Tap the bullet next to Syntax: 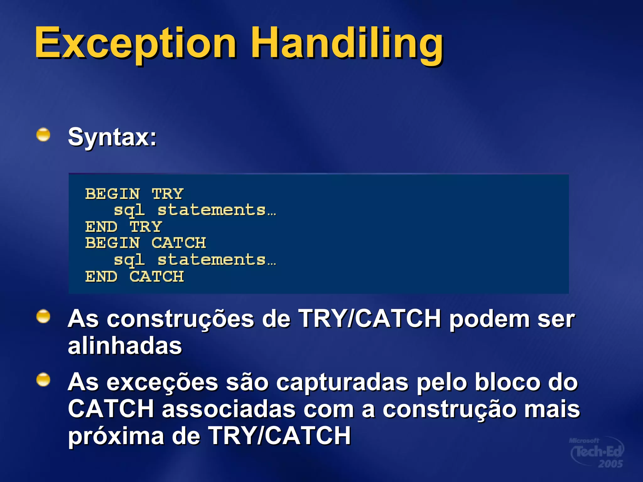[43, 135]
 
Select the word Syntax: [112, 137]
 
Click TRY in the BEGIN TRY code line [167, 194]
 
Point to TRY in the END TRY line [146, 227]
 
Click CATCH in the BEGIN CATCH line [179, 243]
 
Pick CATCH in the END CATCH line [156, 276]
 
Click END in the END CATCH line [101, 276]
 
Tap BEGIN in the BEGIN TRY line [112, 194]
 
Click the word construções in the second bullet [180, 319]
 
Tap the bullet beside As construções [43, 316]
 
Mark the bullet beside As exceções [43, 380]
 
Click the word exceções [162, 382]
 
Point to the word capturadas [343, 382]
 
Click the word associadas [229, 409]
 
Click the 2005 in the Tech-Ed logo [610, 463]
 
